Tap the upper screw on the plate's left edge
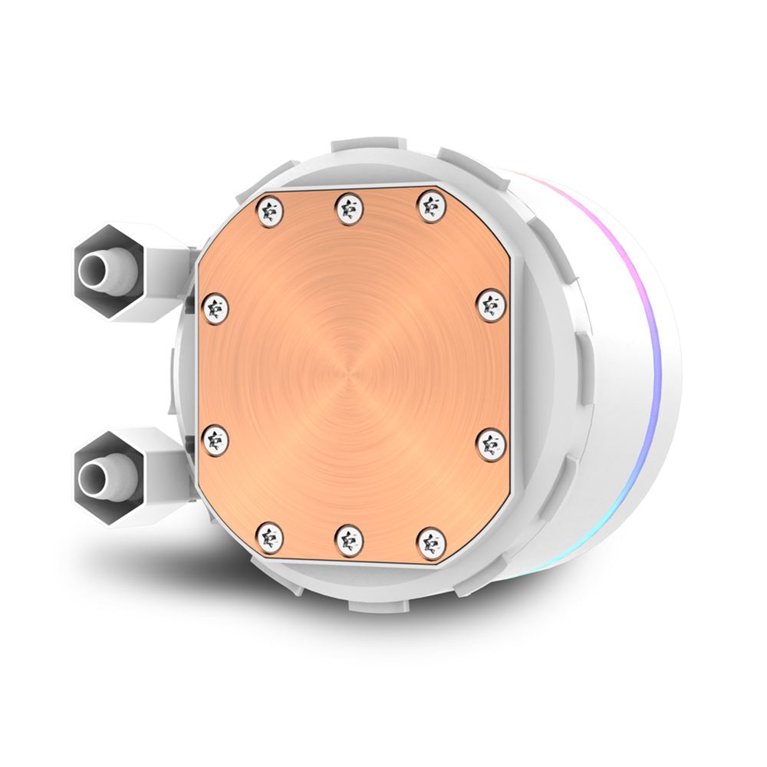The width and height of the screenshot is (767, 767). (x=216, y=308)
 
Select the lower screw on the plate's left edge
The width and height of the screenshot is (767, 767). (x=216, y=439)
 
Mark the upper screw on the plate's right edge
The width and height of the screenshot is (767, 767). (x=491, y=304)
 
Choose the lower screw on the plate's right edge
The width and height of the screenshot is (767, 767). (x=491, y=444)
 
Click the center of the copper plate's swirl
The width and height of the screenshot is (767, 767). (x=349, y=374)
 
